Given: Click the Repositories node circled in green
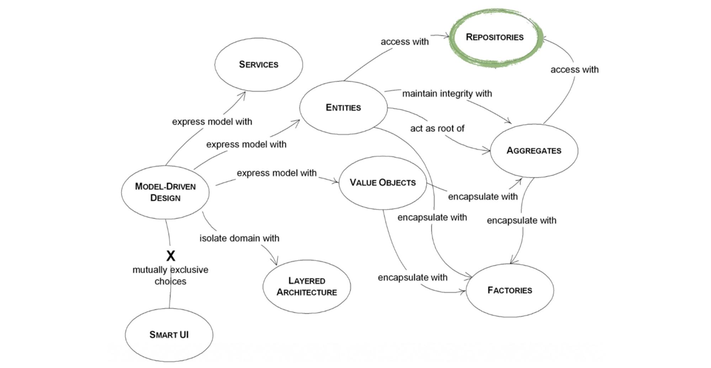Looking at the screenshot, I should [x=494, y=37].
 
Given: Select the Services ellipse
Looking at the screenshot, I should [x=259, y=64].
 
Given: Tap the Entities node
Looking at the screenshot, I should [x=343, y=107].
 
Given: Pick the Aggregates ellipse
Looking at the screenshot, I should [x=534, y=151].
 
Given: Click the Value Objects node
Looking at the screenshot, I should [x=382, y=183].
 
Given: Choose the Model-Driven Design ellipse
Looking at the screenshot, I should [x=165, y=192].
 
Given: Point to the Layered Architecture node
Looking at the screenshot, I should [x=307, y=286].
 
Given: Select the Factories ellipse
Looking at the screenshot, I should [x=510, y=290].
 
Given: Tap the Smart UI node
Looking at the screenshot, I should [x=169, y=335].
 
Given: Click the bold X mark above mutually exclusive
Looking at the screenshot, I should [x=171, y=256].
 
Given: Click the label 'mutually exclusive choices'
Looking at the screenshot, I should [x=170, y=275].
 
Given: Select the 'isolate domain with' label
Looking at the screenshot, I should [x=239, y=238].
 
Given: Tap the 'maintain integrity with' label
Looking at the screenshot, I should [x=447, y=94].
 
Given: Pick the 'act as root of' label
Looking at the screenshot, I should [x=437, y=128].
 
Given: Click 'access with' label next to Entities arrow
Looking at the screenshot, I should [x=405, y=42].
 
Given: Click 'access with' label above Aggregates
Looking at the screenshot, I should [x=574, y=70].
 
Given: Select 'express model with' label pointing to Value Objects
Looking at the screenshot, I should [x=277, y=173].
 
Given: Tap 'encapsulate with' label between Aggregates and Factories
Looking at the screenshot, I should [x=521, y=221].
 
